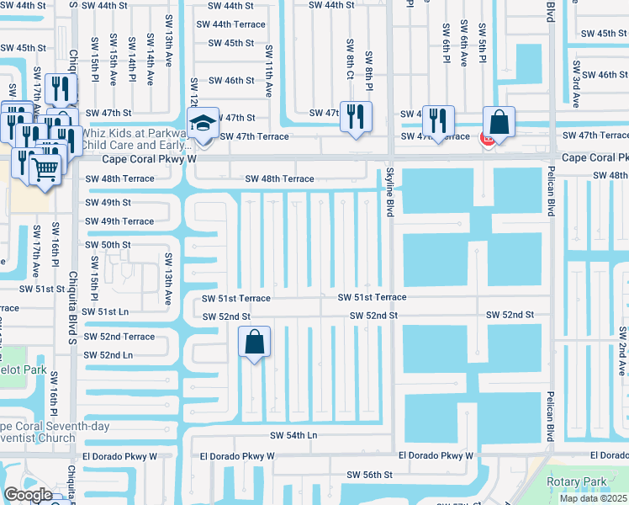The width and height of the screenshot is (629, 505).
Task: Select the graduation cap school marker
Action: tap(203, 124)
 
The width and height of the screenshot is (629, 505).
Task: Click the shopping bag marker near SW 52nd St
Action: tap(254, 343)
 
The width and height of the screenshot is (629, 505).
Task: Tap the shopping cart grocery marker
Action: tap(45, 169)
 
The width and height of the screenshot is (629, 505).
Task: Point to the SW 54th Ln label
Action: tap(293, 435)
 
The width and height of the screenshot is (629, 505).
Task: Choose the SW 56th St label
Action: tap(369, 475)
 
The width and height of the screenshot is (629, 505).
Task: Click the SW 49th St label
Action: tap(108, 203)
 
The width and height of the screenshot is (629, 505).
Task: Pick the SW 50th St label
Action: tap(108, 244)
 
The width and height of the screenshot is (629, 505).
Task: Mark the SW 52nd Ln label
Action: tap(108, 355)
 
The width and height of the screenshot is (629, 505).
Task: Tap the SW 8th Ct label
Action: tap(349, 56)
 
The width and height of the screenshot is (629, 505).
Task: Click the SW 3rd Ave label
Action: tap(576, 82)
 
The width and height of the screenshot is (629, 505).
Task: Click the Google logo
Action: tap(28, 495)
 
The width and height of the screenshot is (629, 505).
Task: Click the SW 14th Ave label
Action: tap(132, 63)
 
